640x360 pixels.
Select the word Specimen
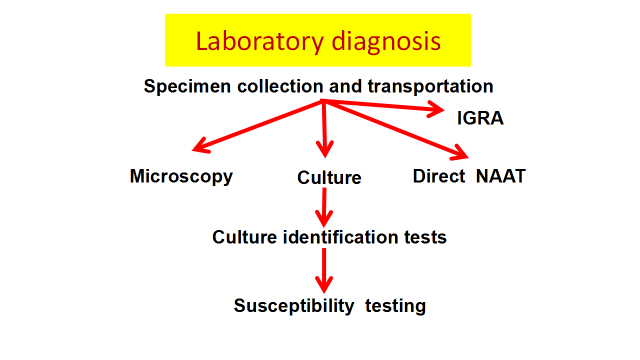pyautogui.click(x=187, y=86)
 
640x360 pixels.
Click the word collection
pyautogui.click(x=280, y=86)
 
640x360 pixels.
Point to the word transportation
pyautogui.click(x=430, y=86)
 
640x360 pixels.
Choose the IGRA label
pyautogui.click(x=480, y=118)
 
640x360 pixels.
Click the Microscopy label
pyautogui.click(x=181, y=176)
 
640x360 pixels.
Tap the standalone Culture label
pyautogui.click(x=329, y=177)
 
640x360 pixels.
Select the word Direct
pyautogui.click(x=439, y=176)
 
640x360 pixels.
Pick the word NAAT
pyautogui.click(x=500, y=176)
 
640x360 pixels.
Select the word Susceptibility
pyautogui.click(x=294, y=306)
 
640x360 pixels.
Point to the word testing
pyautogui.click(x=395, y=306)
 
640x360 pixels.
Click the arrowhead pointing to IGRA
pyautogui.click(x=436, y=109)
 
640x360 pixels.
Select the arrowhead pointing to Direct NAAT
pyautogui.click(x=459, y=153)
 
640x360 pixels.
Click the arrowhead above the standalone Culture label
pyautogui.click(x=325, y=149)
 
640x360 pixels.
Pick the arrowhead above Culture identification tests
pyautogui.click(x=324, y=218)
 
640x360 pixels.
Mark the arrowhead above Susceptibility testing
pyautogui.click(x=324, y=284)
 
